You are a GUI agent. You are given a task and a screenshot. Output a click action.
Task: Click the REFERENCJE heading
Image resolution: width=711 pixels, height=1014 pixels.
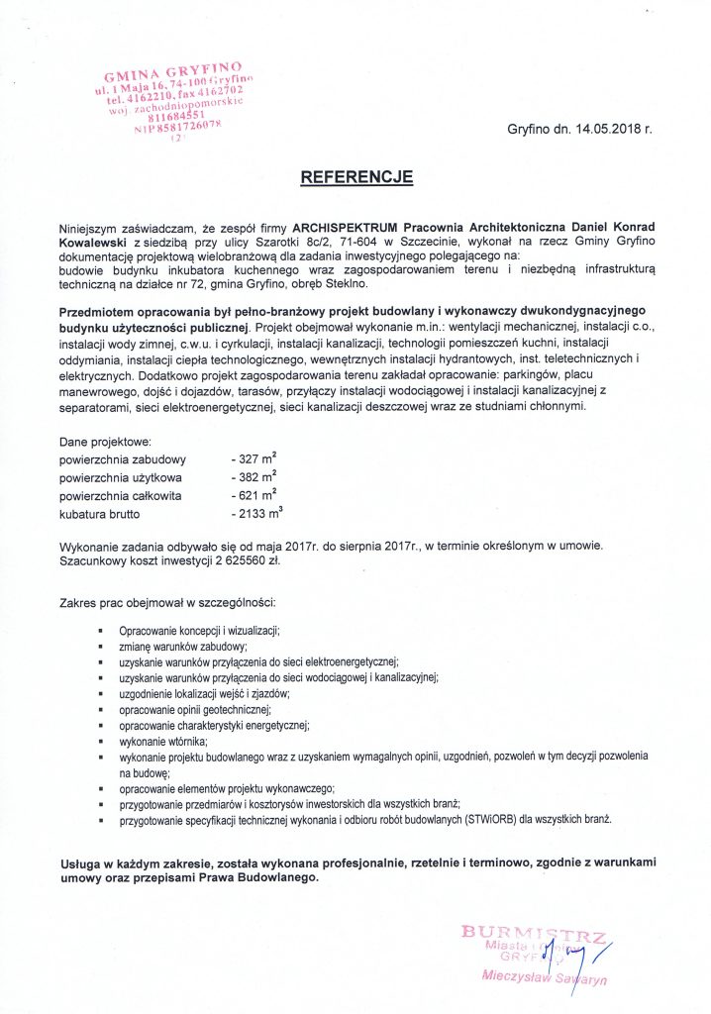point(355,177)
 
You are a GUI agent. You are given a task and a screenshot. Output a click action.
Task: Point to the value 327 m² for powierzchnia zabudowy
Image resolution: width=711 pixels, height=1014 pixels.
point(255,459)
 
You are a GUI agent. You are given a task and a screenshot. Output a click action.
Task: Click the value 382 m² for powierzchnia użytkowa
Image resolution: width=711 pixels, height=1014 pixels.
point(255,478)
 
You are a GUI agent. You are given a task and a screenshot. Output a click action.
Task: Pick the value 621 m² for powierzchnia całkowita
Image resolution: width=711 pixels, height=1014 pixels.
point(255,496)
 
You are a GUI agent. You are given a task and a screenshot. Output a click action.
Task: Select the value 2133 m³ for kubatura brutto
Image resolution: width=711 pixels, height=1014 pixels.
point(258,514)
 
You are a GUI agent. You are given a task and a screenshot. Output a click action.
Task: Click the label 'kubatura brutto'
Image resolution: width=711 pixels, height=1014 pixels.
point(100,515)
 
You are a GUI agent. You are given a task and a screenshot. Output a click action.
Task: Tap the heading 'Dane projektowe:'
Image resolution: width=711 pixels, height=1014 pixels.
point(105,442)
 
